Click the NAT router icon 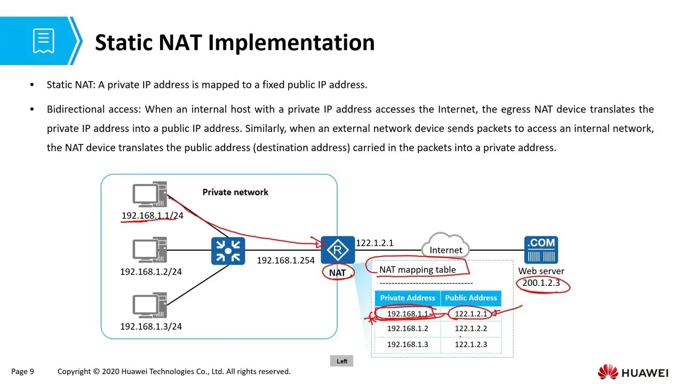337,250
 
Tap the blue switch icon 228,251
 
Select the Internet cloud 446,246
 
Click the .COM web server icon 541,250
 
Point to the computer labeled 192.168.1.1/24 149,195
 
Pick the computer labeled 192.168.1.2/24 149,250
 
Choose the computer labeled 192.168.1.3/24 149,306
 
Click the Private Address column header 408,298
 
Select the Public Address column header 471,298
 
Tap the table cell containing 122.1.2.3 471,345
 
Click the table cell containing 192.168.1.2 408,329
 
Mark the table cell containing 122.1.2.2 471,329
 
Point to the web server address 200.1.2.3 541,283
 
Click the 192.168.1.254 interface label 285,260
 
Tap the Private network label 235,192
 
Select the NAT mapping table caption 417,270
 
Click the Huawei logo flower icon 608,372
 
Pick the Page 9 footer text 22,371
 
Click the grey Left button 342,361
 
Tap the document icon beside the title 43,41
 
